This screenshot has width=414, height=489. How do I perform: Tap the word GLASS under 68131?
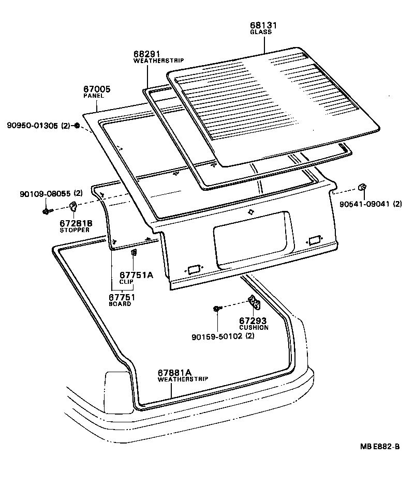(x=260, y=32)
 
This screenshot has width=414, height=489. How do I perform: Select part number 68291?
(x=146, y=54)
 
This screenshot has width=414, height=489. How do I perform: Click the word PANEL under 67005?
(x=94, y=96)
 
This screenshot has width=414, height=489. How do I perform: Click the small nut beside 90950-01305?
(x=77, y=126)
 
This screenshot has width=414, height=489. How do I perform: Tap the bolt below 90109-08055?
(x=47, y=211)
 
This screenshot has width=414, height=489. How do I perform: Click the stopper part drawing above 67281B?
(x=73, y=207)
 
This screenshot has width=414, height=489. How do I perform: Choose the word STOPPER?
(x=76, y=230)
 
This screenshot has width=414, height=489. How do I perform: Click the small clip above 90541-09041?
(x=363, y=186)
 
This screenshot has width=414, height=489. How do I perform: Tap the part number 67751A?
(x=136, y=275)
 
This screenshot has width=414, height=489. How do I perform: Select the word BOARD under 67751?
(x=120, y=304)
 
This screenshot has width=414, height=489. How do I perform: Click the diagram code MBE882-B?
(x=380, y=447)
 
